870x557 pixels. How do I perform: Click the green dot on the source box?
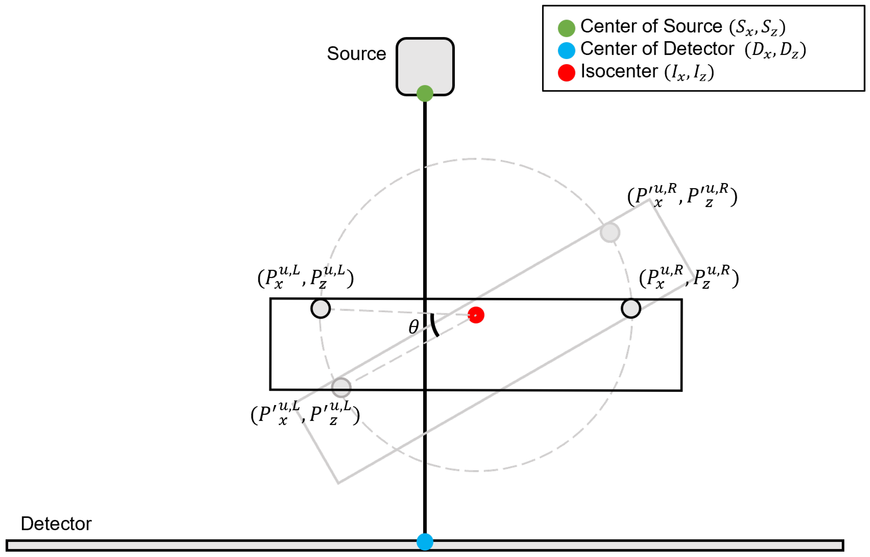(x=425, y=94)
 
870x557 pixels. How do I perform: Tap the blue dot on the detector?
(x=425, y=542)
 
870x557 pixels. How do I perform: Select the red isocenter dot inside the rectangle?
(x=476, y=315)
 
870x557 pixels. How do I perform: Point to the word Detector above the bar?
(x=56, y=524)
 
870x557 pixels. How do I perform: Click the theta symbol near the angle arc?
(x=414, y=327)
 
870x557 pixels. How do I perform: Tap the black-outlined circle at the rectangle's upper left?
(x=321, y=308)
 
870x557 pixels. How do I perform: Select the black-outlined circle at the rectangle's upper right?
(x=631, y=308)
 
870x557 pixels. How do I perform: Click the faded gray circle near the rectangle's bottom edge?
(x=341, y=388)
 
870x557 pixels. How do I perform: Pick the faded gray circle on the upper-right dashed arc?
(x=610, y=232)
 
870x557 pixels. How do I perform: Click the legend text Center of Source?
(x=651, y=26)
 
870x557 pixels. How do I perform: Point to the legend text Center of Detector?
(x=657, y=49)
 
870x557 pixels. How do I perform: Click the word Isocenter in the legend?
(x=619, y=71)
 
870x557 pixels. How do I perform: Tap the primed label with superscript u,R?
(x=682, y=197)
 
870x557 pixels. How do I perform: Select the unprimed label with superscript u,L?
(x=305, y=278)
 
